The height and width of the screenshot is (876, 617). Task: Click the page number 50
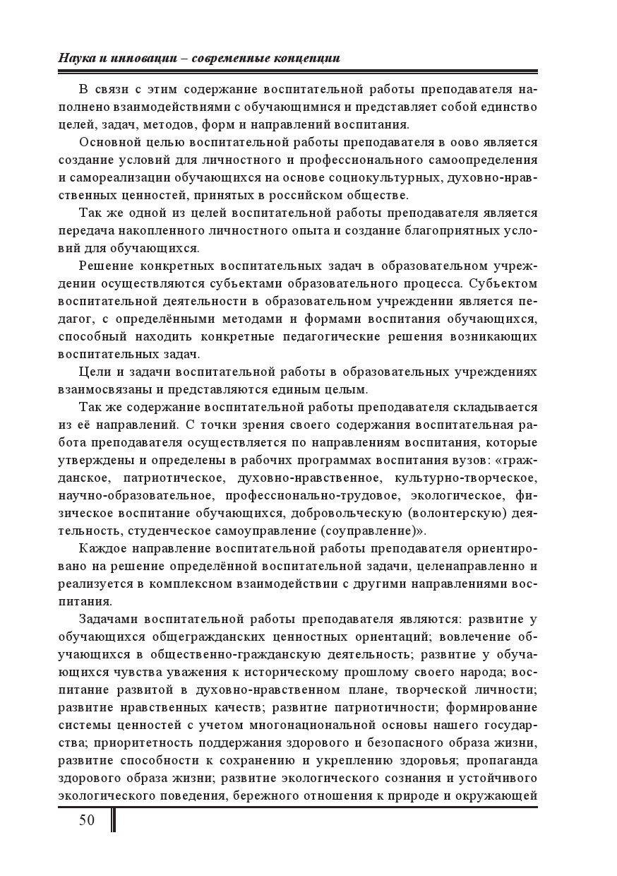click(87, 820)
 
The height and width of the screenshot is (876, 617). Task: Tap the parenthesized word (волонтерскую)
click(447, 513)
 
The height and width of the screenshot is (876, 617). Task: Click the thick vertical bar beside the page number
click(114, 820)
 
